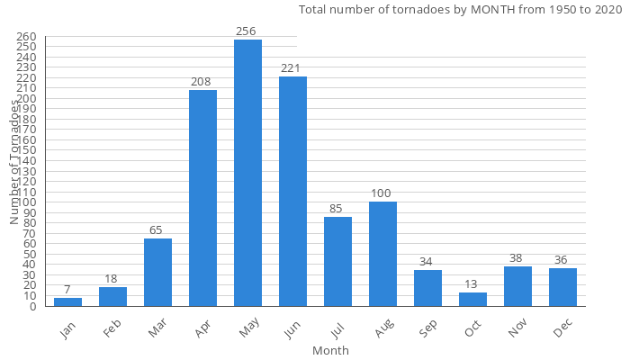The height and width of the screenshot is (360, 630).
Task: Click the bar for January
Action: point(67,302)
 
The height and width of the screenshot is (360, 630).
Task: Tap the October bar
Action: point(472,300)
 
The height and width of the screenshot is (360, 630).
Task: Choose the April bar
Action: point(202,198)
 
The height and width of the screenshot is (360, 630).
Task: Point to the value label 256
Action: point(247,31)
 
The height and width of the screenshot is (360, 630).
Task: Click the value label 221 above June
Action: point(292,67)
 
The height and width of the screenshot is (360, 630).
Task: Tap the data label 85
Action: point(337,209)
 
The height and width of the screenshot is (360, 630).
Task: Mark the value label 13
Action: point(472,283)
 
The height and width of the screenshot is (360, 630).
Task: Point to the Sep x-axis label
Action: point(427,328)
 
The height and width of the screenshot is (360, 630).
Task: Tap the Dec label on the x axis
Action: point(562,328)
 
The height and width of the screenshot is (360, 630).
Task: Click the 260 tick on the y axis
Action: point(26,36)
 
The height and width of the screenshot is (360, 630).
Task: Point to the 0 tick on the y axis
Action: point(32,306)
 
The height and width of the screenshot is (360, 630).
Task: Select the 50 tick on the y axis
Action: point(29,254)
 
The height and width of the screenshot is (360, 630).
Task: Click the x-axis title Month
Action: point(330,350)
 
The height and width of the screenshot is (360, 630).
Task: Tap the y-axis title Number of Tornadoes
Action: point(14,162)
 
